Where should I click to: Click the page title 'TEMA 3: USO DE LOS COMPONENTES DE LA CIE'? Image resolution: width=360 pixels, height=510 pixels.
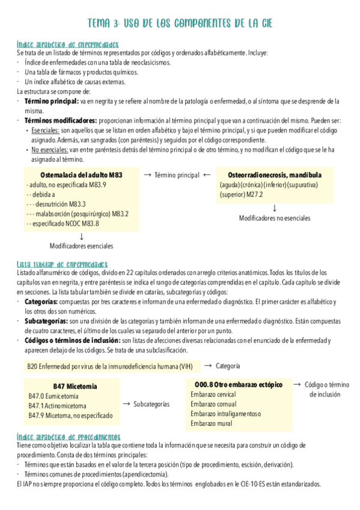pos(180,24)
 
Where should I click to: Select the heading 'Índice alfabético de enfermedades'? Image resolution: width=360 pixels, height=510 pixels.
pos(67,44)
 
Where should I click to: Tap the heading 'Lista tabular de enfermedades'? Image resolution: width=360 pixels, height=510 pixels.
pos(63,264)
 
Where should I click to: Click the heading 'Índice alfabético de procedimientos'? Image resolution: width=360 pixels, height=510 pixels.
pos(69,437)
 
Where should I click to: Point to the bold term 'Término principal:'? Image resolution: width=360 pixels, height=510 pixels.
pos(52,102)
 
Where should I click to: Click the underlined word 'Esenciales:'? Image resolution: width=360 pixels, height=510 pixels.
pos(45,130)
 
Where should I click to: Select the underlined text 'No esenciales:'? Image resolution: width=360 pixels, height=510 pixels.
pos(50,149)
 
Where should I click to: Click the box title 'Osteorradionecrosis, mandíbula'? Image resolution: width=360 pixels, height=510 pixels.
pos(275,175)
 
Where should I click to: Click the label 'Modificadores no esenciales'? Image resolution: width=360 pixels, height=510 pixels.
pos(275,218)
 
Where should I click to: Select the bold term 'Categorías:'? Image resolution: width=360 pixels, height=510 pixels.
pos(41,301)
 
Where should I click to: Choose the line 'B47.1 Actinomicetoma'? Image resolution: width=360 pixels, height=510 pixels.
pos(57,405)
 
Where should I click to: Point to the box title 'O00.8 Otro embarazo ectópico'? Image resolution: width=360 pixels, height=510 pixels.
pos(239,384)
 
